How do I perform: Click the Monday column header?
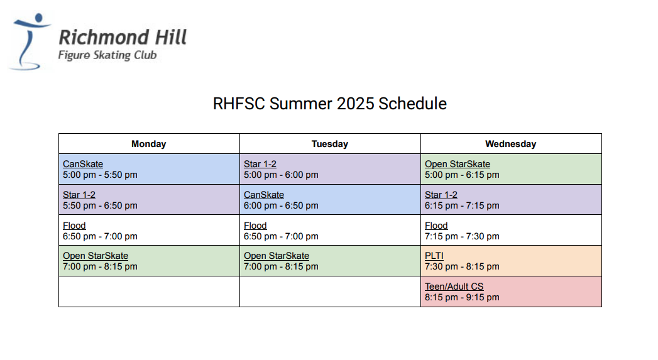click(148, 144)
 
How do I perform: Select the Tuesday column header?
click(330, 144)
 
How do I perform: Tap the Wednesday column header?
click(511, 144)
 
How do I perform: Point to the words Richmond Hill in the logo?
click(123, 37)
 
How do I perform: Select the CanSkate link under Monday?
click(83, 164)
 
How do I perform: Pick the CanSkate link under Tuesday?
click(264, 195)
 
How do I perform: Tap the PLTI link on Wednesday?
click(434, 256)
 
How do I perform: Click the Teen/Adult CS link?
click(454, 286)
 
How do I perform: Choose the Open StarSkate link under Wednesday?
click(458, 164)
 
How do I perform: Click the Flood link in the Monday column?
click(74, 226)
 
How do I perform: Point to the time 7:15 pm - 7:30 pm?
click(462, 236)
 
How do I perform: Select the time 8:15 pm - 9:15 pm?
click(462, 297)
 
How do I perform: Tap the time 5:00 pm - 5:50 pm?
click(101, 175)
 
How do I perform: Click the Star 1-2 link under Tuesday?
click(260, 164)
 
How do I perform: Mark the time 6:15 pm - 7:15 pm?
click(462, 205)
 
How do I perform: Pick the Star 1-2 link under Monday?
click(79, 195)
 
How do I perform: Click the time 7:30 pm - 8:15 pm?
click(462, 266)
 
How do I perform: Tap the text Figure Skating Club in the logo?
click(107, 55)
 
